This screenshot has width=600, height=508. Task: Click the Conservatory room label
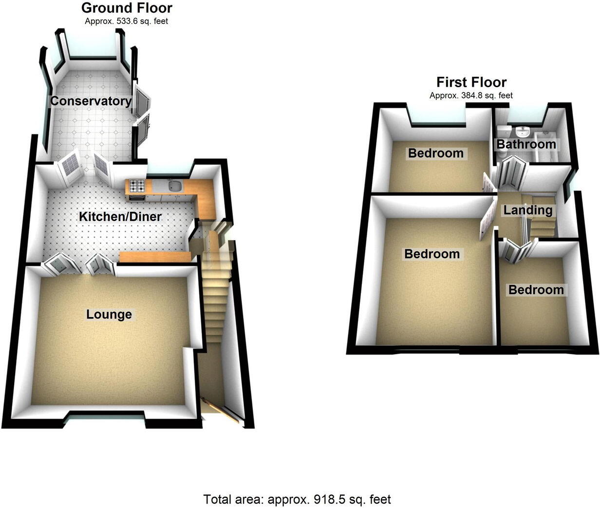(91, 101)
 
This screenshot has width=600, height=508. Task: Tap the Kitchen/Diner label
(120, 216)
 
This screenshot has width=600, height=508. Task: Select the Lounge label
(109, 314)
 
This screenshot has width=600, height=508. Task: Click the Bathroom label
(526, 144)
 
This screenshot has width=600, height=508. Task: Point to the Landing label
(528, 210)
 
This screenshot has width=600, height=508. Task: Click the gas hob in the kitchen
(136, 185)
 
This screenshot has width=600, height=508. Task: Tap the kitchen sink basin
(174, 186)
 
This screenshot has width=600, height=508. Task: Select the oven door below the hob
(135, 197)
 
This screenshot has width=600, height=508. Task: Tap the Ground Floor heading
(127, 8)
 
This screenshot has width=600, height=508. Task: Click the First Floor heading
(471, 82)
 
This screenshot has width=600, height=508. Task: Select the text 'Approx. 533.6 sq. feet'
(127, 21)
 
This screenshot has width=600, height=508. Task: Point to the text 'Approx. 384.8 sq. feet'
(471, 95)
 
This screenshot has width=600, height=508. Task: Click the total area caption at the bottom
(297, 499)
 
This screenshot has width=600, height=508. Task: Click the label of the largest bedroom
(431, 254)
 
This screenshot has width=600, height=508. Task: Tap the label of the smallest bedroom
(536, 290)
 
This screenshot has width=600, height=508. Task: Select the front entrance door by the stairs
(220, 410)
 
